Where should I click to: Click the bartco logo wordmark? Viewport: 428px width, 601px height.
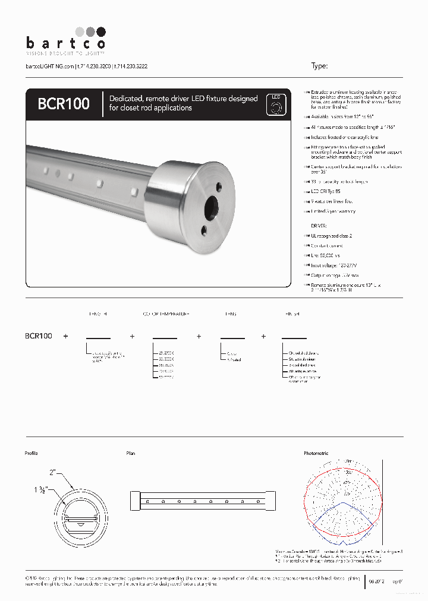(65, 43)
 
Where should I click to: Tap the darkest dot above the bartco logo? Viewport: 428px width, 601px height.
(100, 31)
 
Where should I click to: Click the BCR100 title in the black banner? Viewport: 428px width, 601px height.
(64, 103)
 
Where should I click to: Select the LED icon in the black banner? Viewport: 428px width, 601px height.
(275, 104)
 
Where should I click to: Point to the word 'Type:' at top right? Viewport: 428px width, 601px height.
(319, 67)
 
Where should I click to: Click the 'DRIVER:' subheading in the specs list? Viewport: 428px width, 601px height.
(320, 226)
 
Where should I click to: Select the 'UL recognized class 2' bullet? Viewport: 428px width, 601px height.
(334, 236)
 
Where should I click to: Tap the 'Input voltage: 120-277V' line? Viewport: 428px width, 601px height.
(335, 265)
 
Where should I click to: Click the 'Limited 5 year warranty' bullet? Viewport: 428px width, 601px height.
(334, 211)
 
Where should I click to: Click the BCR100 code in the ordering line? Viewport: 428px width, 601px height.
(39, 336)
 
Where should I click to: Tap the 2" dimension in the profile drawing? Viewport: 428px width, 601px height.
(53, 472)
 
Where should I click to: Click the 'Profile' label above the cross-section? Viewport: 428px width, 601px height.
(32, 453)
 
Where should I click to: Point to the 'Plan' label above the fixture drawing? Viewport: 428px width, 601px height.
(131, 453)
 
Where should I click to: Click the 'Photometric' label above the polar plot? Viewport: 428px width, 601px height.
(316, 453)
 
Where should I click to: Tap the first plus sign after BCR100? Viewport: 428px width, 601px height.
(66, 336)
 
